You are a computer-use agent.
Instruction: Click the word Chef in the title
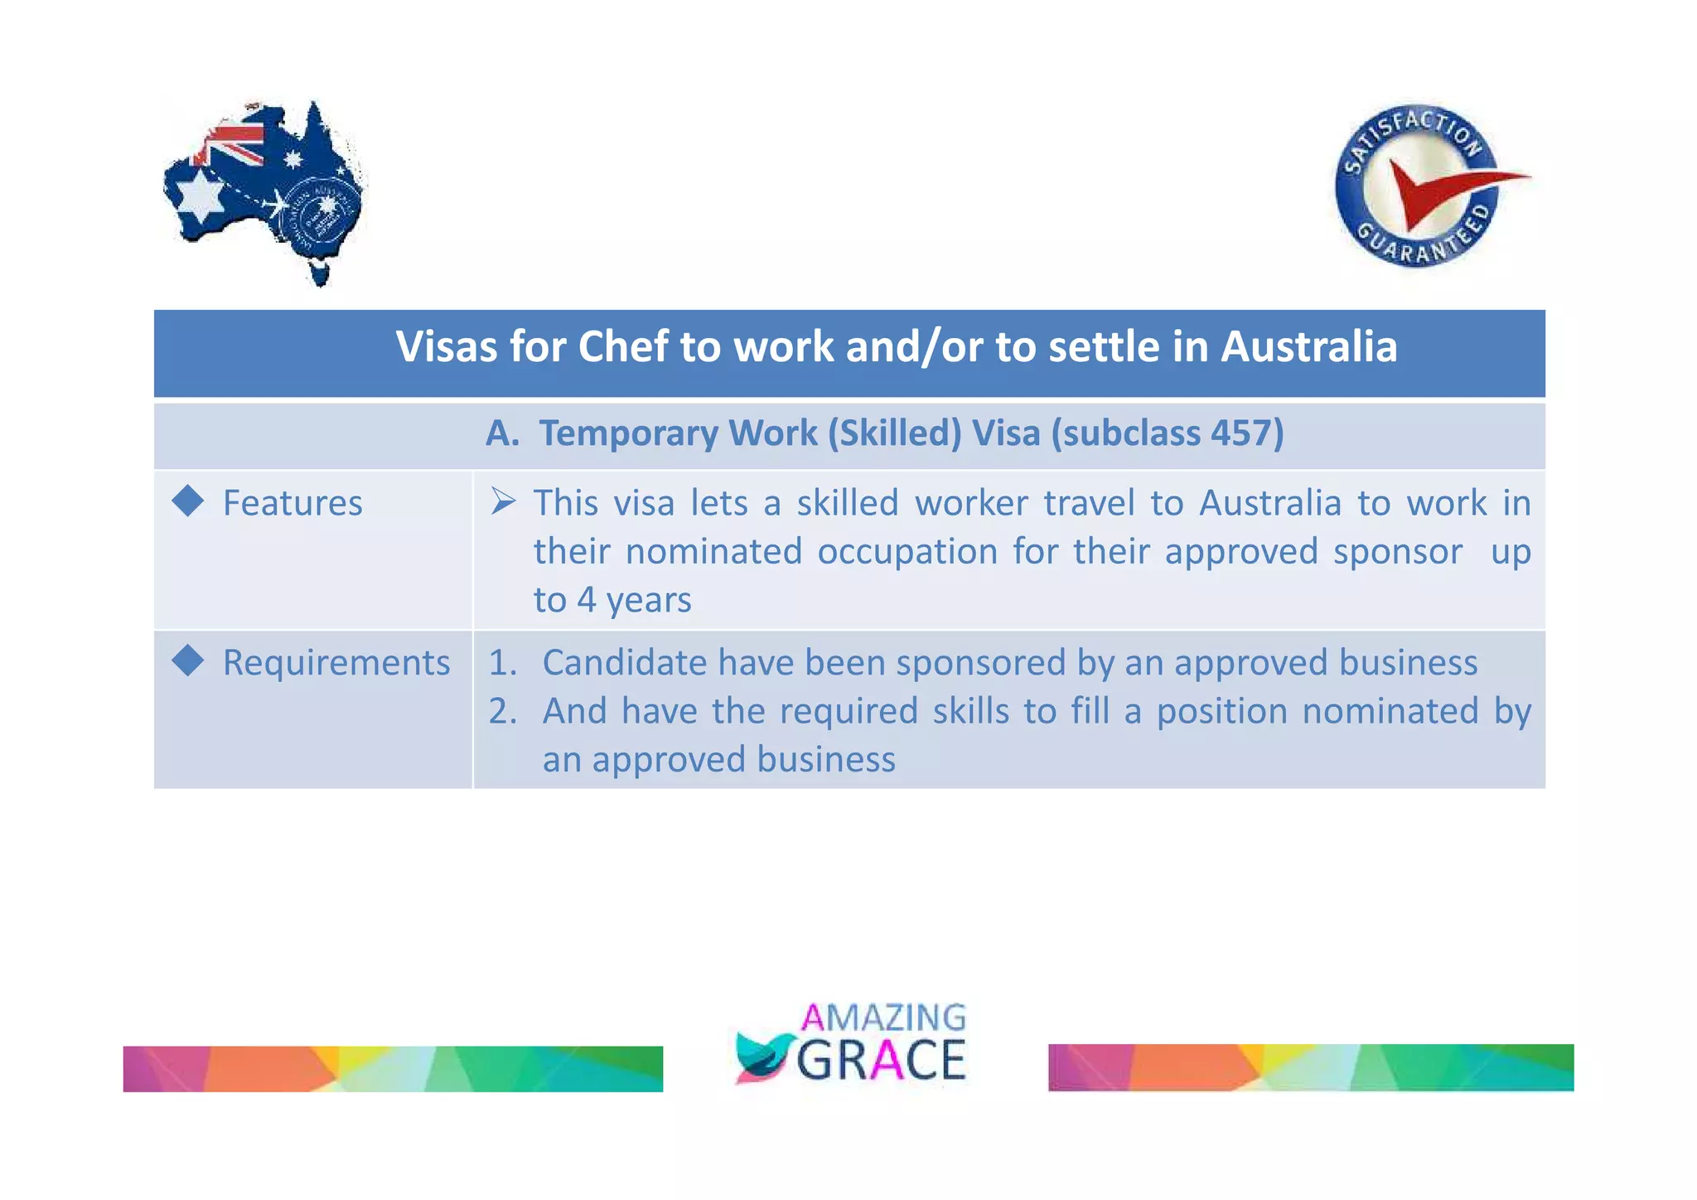pos(622,346)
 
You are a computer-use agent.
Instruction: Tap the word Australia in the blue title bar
pos(1308,346)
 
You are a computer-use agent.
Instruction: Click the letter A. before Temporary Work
pos(502,433)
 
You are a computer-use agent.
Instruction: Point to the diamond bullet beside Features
pos(188,501)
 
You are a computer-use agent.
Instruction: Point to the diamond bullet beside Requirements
pos(188,660)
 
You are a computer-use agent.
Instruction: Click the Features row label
pos(293,503)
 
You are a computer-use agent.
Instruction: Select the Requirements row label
pos(336,663)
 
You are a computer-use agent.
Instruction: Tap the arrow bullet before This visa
pos(503,501)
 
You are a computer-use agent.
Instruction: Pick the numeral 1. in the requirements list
pos(503,663)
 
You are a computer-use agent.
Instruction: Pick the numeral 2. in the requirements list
pos(503,711)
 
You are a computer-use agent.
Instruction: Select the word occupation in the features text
pos(907,552)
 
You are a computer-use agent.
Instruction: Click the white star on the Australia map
pos(201,196)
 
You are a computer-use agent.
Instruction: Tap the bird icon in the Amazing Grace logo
pos(761,1057)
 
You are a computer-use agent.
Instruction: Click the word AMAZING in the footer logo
pos(883,1017)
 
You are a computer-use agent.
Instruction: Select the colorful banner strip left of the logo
pos(393,1068)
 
